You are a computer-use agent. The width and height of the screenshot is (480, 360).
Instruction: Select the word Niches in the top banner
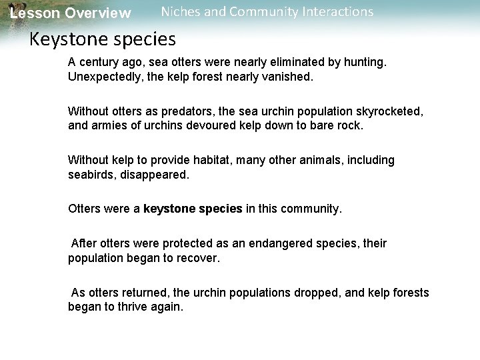[x=182, y=12]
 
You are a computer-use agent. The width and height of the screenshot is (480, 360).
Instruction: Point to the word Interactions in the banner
[x=335, y=12]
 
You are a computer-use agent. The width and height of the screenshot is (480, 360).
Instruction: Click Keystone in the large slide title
[x=68, y=39]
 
